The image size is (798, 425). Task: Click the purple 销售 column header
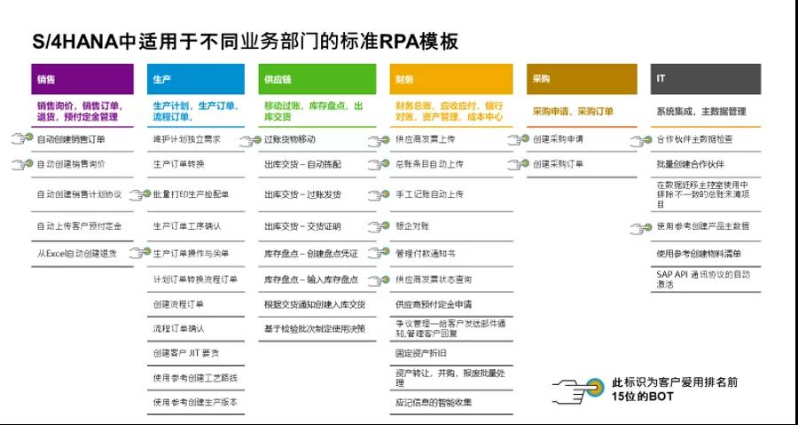click(x=82, y=79)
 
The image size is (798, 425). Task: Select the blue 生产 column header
click(x=195, y=79)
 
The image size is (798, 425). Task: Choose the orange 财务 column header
click(x=451, y=79)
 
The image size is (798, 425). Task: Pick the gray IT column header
click(x=705, y=79)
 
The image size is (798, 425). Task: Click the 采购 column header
click(x=581, y=79)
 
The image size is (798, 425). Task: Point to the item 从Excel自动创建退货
click(x=77, y=253)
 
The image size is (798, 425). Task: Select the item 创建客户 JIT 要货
click(x=186, y=352)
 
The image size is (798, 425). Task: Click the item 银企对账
click(x=412, y=226)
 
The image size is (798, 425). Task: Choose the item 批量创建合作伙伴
click(x=691, y=164)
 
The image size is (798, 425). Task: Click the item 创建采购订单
click(x=559, y=164)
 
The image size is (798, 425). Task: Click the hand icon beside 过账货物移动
click(x=250, y=140)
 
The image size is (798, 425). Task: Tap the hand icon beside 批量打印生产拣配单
click(x=140, y=194)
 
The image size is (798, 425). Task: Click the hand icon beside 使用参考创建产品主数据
click(x=640, y=227)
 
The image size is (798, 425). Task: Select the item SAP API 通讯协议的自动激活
click(x=705, y=279)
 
